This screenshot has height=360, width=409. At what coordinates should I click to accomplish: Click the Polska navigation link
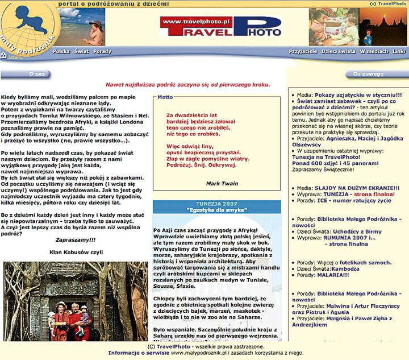tap(61, 51)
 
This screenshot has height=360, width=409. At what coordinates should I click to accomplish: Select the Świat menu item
tap(81, 51)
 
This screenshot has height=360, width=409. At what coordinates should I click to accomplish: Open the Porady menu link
tap(102, 51)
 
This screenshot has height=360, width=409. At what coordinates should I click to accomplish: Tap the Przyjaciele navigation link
tap(303, 51)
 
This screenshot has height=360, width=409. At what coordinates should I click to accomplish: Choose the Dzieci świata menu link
tap(338, 51)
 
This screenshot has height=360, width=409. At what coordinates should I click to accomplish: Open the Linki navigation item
tap(399, 51)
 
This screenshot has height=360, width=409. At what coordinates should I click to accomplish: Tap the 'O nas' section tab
tap(36, 74)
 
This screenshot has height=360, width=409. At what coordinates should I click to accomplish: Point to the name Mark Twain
tap(222, 183)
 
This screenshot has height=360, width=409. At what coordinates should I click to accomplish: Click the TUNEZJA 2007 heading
tap(216, 203)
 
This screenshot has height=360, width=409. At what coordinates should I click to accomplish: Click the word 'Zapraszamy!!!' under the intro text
tap(75, 240)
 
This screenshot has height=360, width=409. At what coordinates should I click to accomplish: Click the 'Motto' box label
tap(165, 97)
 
